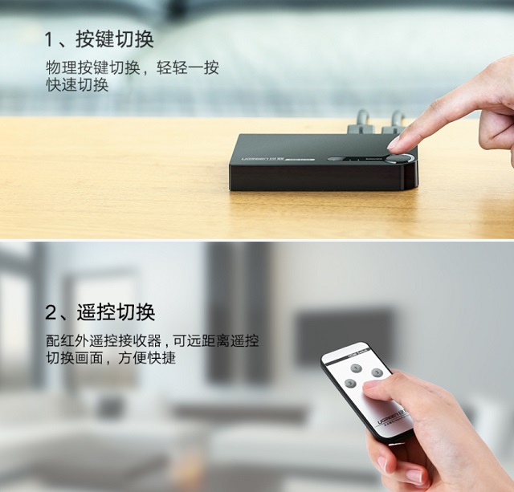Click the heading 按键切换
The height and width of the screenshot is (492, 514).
point(114,39)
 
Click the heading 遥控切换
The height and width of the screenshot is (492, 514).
point(116,312)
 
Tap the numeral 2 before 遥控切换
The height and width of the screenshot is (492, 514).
point(51,312)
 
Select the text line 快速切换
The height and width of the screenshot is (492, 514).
point(77,85)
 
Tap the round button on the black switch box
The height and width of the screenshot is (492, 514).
point(398,158)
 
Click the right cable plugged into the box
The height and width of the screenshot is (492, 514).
point(395,121)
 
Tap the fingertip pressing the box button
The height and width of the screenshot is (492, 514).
point(394,143)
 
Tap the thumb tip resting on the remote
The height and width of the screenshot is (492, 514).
point(371,388)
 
